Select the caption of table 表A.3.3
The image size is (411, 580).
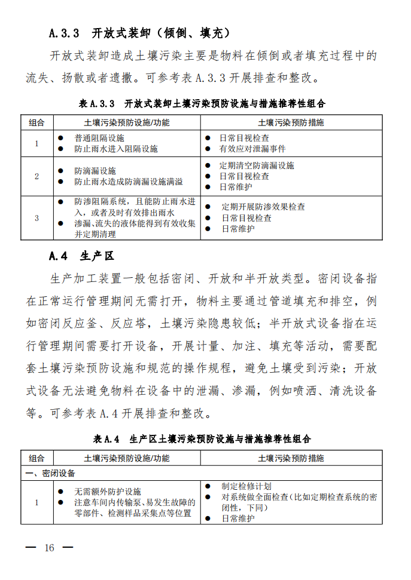point(202,103)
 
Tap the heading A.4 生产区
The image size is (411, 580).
point(81,256)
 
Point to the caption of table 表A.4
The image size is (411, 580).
point(202,439)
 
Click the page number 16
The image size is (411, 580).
point(49,548)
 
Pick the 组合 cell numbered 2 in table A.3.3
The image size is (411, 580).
point(36,176)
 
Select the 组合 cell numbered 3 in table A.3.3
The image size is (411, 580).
point(36,218)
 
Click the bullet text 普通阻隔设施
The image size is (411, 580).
point(99,138)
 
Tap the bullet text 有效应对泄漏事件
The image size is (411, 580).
point(252,149)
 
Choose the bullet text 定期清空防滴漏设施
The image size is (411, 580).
point(257,165)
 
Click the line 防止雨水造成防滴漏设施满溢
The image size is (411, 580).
point(129,182)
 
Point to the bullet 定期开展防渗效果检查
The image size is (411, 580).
point(263,207)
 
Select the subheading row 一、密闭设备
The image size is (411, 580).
point(50,473)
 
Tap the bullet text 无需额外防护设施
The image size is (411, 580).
point(108,492)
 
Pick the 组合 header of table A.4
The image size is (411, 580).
point(36,458)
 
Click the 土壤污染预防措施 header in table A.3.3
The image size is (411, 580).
point(291,122)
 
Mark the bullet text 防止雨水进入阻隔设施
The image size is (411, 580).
point(116,149)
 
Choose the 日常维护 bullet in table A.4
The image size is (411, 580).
point(238,518)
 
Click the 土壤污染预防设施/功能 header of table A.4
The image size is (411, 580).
point(127,458)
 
